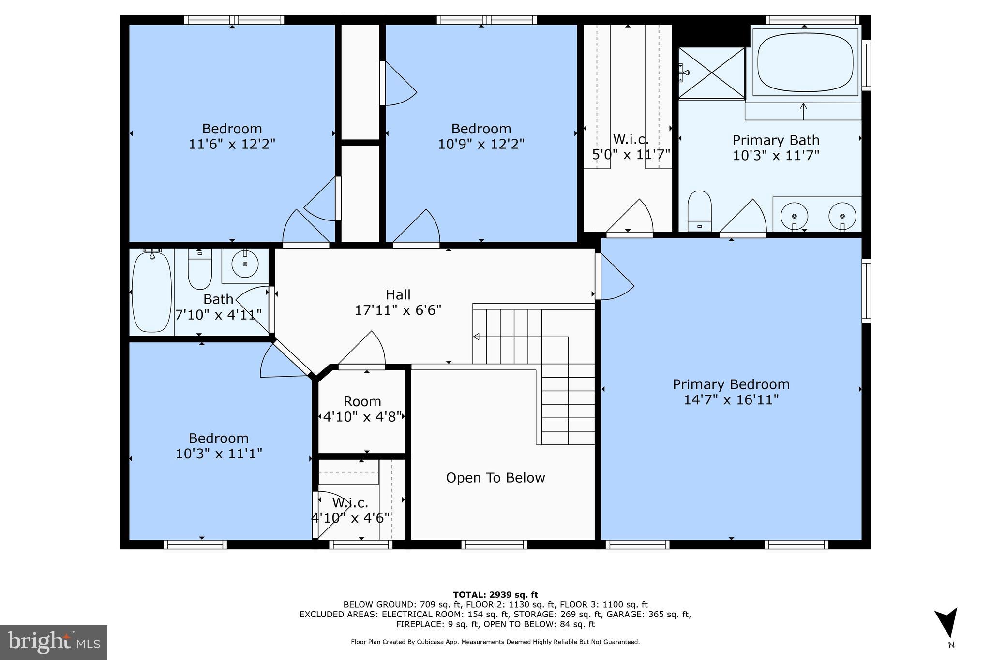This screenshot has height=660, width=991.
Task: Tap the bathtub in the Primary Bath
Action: pos(805,62)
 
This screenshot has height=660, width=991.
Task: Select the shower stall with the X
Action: pos(711,73)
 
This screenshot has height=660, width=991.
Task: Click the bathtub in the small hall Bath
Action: pos(151,292)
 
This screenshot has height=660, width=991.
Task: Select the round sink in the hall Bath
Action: pos(245,264)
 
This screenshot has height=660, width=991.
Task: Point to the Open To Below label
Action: pos(495,478)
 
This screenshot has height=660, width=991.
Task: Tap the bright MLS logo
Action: pos(53,642)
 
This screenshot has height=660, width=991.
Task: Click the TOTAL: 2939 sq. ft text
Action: pos(495,595)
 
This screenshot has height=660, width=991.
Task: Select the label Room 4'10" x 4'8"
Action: pos(362,409)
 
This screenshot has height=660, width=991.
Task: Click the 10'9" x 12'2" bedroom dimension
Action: pos(481,144)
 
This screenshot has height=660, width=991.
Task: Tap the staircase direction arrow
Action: pos(476,337)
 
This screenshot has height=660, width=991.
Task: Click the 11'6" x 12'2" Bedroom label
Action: pos(232,136)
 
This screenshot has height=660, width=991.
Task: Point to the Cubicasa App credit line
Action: pos(495,642)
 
